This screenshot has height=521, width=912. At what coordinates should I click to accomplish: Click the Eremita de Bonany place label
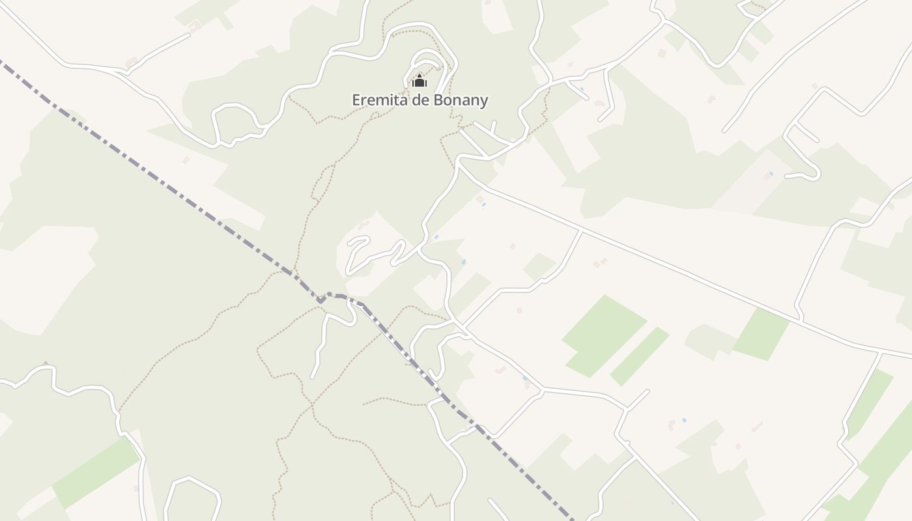tap(420, 100)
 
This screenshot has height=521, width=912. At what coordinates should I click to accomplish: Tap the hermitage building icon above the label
tap(419, 81)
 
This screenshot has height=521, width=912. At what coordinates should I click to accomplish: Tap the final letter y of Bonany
tap(483, 102)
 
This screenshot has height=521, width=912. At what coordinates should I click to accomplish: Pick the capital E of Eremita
tap(356, 100)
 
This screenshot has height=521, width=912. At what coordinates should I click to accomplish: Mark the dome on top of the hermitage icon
tap(419, 76)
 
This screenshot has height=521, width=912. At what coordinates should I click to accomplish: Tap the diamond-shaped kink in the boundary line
tap(321, 300)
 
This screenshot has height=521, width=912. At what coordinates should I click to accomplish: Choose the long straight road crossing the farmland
tap(651, 260)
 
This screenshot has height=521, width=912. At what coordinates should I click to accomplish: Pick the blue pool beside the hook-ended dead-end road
tap(771, 173)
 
